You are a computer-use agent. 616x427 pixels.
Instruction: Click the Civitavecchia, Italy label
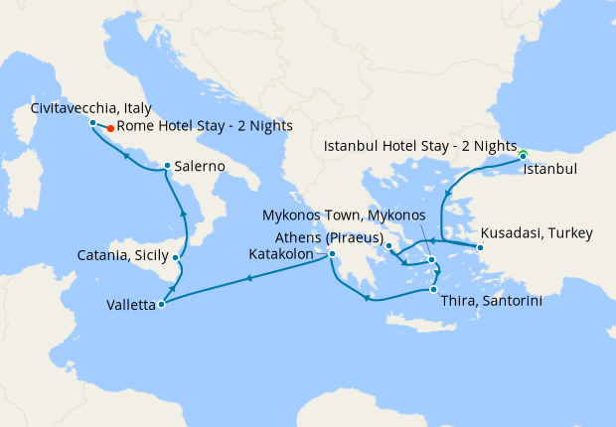click(90, 107)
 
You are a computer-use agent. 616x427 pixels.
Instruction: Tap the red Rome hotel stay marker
click(109, 127)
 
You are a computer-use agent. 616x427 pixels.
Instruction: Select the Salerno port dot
click(167, 166)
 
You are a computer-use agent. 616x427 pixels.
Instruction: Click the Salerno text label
click(199, 166)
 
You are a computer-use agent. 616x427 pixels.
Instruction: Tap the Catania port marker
click(176, 258)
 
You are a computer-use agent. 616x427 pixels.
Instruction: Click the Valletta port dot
click(161, 304)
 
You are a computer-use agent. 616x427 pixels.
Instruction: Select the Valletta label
click(130, 306)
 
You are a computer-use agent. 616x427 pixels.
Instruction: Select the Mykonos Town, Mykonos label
click(344, 214)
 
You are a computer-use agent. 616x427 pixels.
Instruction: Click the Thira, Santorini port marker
click(432, 289)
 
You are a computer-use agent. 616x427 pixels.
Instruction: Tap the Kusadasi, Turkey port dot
click(479, 246)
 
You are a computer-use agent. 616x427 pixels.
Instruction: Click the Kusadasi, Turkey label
click(537, 233)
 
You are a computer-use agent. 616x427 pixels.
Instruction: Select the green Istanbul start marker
click(523, 154)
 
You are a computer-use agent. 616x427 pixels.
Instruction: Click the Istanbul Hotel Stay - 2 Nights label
click(420, 146)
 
